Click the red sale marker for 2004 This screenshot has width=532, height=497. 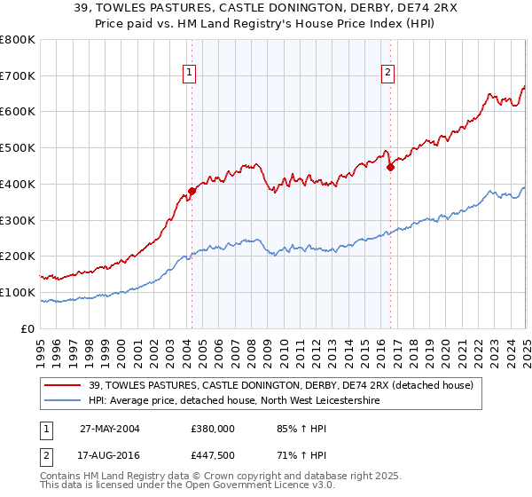click(x=192, y=191)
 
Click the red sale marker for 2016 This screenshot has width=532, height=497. click(x=390, y=167)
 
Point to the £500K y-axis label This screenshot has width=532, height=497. click(x=18, y=148)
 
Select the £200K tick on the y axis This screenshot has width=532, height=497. click(x=18, y=256)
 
